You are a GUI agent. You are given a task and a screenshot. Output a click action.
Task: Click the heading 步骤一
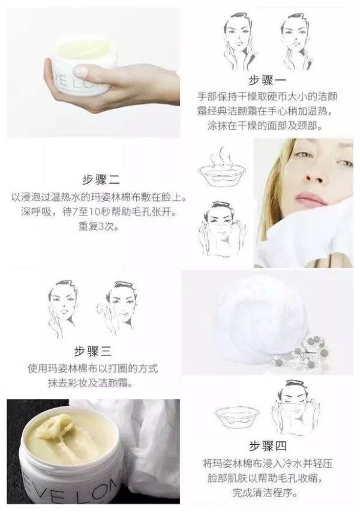tap(269, 82)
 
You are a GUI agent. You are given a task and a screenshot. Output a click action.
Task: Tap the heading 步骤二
tap(101, 179)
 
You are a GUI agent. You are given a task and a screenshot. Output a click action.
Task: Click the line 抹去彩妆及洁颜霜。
tap(92, 382)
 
